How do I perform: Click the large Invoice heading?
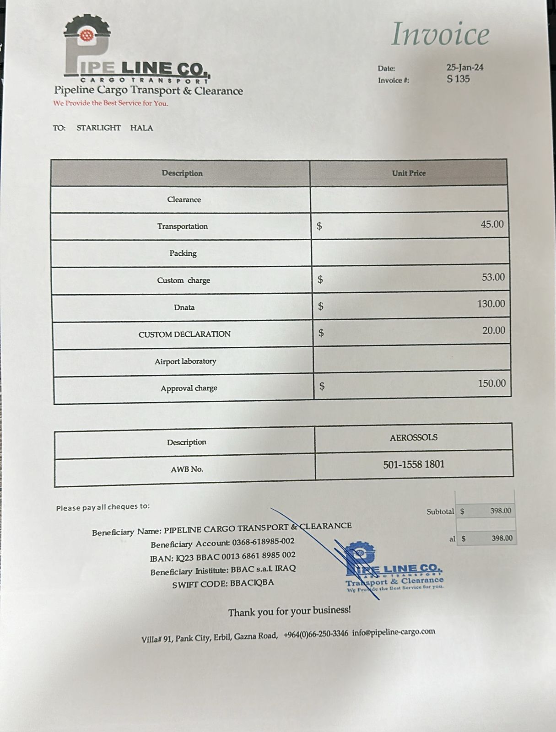coord(440,34)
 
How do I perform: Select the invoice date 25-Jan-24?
coord(464,67)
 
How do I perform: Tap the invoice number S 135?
coord(458,79)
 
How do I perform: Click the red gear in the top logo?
coord(86,35)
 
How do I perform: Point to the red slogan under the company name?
coord(111,103)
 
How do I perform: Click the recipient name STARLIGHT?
coord(98,128)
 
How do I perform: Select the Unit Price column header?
coord(409,173)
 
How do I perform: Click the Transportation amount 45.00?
coord(492,224)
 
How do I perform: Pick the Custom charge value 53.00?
coord(493,277)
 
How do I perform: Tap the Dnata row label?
coord(184,307)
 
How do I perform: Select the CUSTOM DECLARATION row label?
coord(184,334)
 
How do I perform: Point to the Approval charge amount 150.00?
coord(491,383)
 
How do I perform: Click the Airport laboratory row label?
coord(185,361)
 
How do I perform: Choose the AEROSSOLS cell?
coord(413,437)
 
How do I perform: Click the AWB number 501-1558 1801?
coord(414,464)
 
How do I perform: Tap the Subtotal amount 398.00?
coord(500,511)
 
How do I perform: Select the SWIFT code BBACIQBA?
coord(252,583)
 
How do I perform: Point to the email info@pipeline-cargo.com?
coord(394,632)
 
